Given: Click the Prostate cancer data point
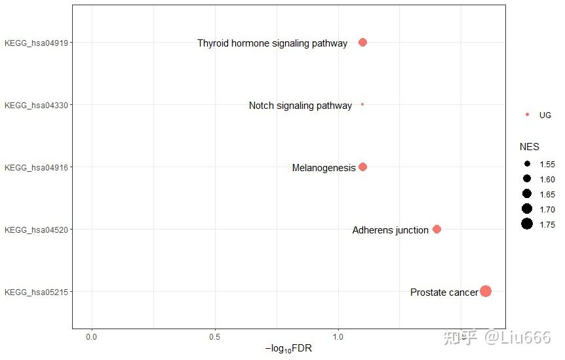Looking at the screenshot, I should click(485, 291).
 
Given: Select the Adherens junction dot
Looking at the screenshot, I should click(437, 229).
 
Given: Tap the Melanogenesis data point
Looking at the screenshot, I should click(362, 167).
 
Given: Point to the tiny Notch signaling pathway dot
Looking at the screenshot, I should click(362, 104).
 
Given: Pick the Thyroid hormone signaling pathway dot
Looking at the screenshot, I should click(362, 42).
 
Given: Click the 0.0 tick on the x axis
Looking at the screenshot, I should click(92, 336).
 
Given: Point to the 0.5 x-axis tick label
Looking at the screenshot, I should click(215, 336).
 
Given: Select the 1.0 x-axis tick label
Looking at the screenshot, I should click(338, 336).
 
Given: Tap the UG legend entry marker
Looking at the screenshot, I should click(527, 115).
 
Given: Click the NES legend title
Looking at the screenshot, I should click(529, 147).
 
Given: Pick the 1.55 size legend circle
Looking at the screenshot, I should click(527, 164).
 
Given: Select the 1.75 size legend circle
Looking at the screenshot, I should click(527, 224).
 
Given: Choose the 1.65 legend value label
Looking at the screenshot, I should click(547, 194).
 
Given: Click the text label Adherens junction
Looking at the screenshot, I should click(390, 230).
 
